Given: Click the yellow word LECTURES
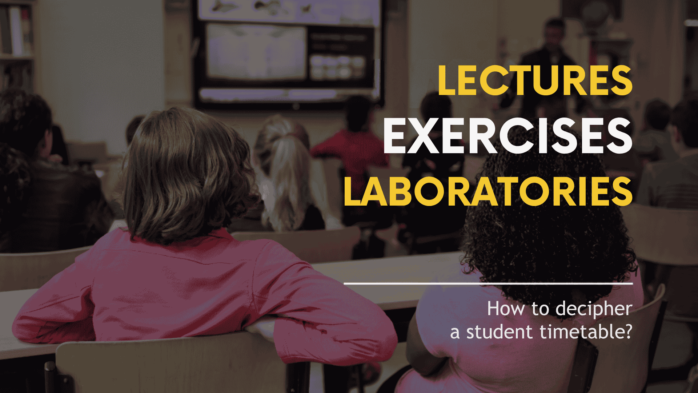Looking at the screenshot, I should [x=535, y=80].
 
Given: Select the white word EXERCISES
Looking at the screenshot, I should [x=508, y=136].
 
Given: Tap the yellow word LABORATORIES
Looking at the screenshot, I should [x=488, y=192].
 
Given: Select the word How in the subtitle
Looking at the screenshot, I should [x=506, y=309].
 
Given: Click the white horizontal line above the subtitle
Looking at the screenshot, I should [x=488, y=283].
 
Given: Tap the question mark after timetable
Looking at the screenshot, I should [x=627, y=332].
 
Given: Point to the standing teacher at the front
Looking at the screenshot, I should [x=549, y=62].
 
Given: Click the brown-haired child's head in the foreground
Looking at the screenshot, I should [x=185, y=171].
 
